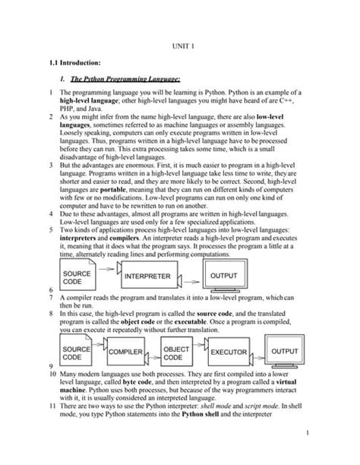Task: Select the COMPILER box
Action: [x=126, y=353]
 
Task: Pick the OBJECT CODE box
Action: [x=178, y=353]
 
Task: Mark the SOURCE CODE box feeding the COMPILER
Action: [x=77, y=353]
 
